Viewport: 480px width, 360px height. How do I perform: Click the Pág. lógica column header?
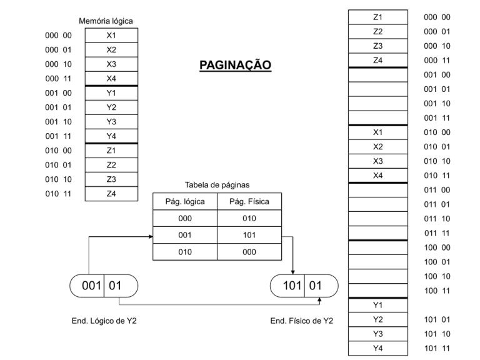(185, 201)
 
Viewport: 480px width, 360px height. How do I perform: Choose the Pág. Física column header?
(249, 201)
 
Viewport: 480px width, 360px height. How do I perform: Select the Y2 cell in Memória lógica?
(111, 107)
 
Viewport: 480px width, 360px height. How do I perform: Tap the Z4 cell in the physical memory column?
(377, 60)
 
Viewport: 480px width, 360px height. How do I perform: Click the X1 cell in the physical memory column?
(377, 132)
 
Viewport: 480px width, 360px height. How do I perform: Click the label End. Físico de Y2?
(302, 321)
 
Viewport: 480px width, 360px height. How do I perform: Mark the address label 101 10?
(437, 334)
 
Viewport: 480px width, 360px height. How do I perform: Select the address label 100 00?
(437, 247)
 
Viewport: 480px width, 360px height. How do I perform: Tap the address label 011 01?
(437, 204)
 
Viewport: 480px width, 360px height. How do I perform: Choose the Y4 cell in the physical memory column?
(377, 348)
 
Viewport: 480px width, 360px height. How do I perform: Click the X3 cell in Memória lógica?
(111, 64)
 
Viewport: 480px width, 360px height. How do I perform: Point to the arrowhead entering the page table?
(151, 237)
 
